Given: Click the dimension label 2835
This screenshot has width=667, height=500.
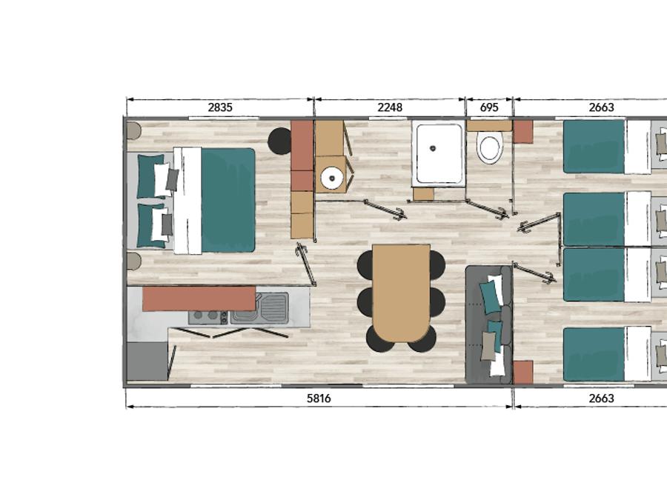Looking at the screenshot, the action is click(x=220, y=107).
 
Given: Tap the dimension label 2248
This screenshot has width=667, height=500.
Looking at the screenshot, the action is click(x=390, y=107).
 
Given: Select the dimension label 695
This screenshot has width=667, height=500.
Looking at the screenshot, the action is click(x=489, y=107).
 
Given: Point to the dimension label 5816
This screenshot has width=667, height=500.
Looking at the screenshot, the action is click(x=319, y=399).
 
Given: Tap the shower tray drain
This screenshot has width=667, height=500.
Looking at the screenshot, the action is click(x=433, y=148).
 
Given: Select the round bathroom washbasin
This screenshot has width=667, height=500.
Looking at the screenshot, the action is click(x=332, y=178).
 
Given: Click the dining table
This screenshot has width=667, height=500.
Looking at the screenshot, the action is click(x=401, y=293).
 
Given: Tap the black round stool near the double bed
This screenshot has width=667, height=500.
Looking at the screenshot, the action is click(x=279, y=141).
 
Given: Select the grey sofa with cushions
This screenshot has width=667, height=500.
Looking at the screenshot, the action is click(x=489, y=325).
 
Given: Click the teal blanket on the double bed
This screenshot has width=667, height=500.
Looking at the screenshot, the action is click(x=228, y=199).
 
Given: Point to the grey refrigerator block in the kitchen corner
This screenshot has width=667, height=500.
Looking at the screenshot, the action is click(x=147, y=361).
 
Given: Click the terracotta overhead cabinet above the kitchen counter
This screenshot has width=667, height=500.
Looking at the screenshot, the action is click(x=199, y=299).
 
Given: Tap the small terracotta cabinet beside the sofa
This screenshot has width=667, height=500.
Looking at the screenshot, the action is click(x=522, y=372).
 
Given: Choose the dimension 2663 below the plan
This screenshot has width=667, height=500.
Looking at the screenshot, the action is click(x=601, y=399).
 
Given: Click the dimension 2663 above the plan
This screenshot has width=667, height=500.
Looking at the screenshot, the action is click(x=601, y=107).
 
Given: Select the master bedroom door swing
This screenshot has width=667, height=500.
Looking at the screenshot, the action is click(x=307, y=264).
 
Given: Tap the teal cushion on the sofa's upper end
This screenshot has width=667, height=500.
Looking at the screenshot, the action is click(x=491, y=297).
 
